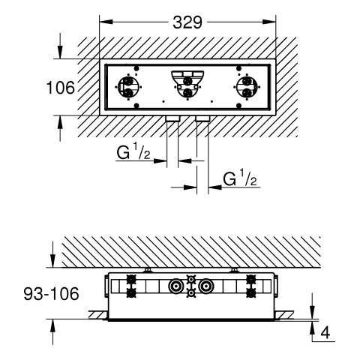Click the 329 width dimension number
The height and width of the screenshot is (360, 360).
click(x=187, y=22)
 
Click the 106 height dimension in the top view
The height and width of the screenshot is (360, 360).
click(x=61, y=88)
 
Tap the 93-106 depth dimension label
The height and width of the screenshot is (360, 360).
click(x=51, y=294)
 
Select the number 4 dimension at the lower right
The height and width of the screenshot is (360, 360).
click(x=325, y=332)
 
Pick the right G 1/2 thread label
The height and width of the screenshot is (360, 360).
click(x=240, y=178)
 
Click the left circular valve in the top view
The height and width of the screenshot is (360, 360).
click(x=129, y=87)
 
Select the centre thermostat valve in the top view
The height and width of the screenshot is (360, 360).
click(x=187, y=85)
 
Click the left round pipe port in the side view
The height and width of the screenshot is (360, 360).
click(x=176, y=286)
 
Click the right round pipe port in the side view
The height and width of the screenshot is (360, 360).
click(x=206, y=286)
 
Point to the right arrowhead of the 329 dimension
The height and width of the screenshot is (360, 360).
click(x=269, y=22)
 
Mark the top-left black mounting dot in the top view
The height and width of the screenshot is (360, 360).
click(x=136, y=68)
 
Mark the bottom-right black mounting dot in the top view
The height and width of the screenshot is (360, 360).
click(x=238, y=106)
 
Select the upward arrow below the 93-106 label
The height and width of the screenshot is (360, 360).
click(x=52, y=332)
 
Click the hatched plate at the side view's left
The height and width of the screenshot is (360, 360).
click(x=98, y=315)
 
